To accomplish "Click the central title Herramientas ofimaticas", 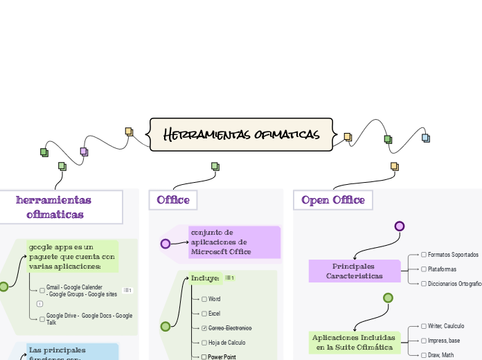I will tap(241, 134).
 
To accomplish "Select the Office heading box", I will tap(173, 200).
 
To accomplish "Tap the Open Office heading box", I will tap(333, 200).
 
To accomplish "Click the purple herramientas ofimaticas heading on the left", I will tap(54, 207).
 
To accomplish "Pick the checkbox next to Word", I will tap(204, 299).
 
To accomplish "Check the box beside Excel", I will tap(204, 314).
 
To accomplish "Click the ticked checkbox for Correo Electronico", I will tap(204, 327).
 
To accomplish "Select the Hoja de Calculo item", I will tap(226, 343).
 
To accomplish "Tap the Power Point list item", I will tap(222, 357).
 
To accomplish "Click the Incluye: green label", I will tap(205, 278).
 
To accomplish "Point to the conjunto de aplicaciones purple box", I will tap(233, 242).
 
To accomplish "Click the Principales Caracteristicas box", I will tap(354, 271).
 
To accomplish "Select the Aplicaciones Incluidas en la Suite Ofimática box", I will tap(354, 342).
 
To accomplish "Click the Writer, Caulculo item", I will tap(446, 325).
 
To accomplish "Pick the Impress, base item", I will tap(443, 341).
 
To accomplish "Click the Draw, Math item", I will tap(440, 354).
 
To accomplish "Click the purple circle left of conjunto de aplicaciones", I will tap(166, 244).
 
